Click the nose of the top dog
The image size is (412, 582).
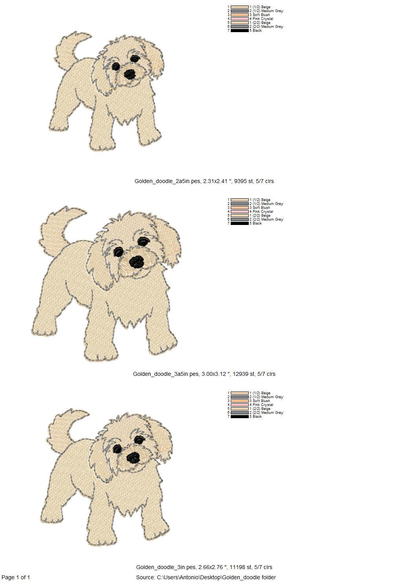pyautogui.click(x=129, y=74)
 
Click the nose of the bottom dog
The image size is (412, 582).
pyautogui.click(x=133, y=457)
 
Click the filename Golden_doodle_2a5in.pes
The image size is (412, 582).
pyautogui.click(x=167, y=181)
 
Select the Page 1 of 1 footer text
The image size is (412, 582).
pyautogui.click(x=16, y=577)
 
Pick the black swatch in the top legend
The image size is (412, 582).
pyautogui.click(x=240, y=31)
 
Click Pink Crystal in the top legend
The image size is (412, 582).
pyautogui.click(x=263, y=19)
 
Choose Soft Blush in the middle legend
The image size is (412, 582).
pyautogui.click(x=261, y=208)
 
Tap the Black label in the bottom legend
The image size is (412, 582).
pyautogui.click(x=257, y=417)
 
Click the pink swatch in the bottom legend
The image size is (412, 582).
pyautogui.click(x=240, y=405)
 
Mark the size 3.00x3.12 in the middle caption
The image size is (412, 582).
pyautogui.click(x=214, y=374)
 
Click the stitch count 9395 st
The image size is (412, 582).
pyautogui.click(x=243, y=181)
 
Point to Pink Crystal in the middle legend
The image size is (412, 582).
pyautogui.click(x=263, y=212)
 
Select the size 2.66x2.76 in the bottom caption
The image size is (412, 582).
pyautogui.click(x=211, y=567)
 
